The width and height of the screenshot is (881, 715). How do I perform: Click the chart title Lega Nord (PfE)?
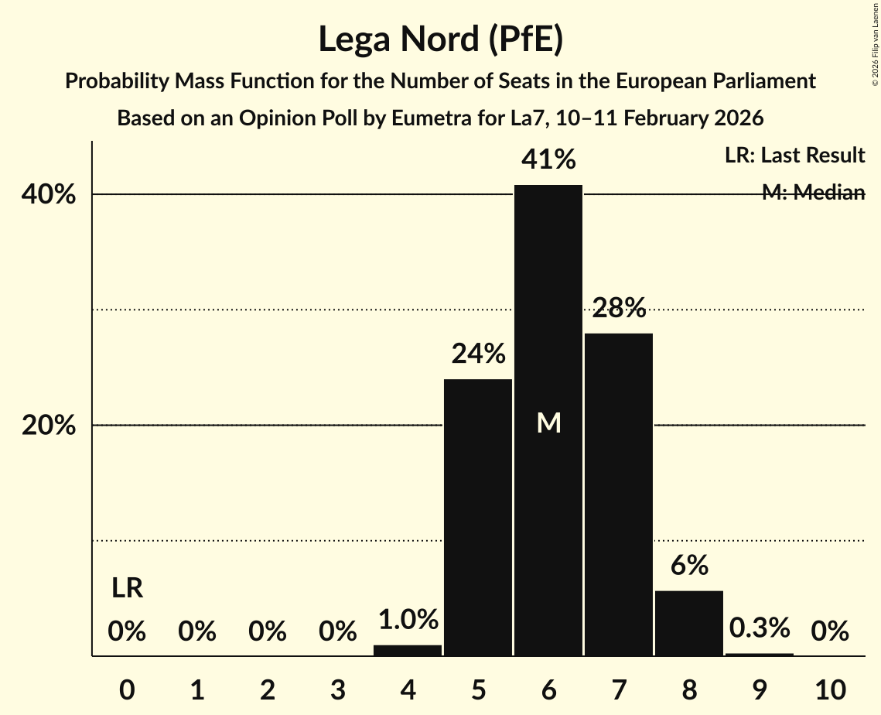coord(440,39)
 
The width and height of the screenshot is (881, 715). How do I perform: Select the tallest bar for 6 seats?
coord(548,310)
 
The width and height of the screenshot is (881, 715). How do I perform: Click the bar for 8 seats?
coord(689,623)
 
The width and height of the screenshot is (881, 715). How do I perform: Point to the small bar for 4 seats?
coord(408,650)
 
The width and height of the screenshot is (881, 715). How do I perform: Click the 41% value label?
coord(548,160)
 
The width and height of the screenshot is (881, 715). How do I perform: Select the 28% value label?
coord(619,309)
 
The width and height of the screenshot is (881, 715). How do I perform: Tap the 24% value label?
coord(478,354)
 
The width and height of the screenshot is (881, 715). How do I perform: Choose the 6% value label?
coord(689,566)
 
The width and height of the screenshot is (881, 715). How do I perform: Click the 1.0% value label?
coord(408,620)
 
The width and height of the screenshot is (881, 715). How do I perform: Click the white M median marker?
coord(548,422)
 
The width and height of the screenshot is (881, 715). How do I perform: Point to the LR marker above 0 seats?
coord(127,589)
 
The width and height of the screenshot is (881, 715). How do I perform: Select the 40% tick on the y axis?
coord(49,195)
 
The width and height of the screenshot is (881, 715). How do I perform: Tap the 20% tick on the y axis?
coord(49,426)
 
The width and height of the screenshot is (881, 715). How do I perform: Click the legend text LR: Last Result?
coord(794,156)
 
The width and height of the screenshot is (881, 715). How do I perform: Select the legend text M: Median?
coord(813,193)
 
